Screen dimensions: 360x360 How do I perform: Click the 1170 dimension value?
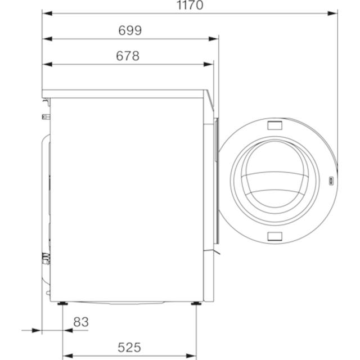190,5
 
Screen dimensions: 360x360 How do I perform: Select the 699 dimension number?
130,30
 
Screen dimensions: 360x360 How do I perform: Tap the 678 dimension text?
128,56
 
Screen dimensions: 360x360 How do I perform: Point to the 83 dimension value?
81,322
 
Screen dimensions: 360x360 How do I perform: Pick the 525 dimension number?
129,348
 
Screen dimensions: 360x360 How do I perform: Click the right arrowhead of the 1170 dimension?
332,13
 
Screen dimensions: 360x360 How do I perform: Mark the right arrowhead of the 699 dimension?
214,39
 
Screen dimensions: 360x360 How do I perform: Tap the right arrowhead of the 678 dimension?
209,65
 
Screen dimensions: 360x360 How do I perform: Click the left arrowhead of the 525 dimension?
67,356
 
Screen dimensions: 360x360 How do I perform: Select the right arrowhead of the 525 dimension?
191,356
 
